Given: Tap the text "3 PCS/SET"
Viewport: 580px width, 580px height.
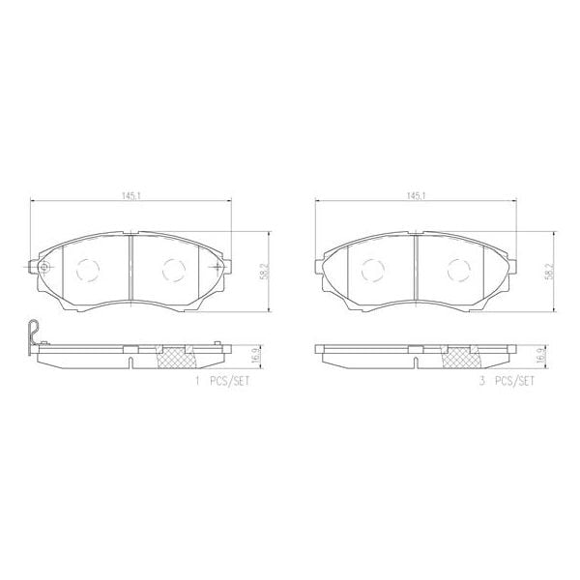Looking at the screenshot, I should pos(507,381).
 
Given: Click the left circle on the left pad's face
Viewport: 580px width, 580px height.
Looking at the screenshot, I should pos(87,272).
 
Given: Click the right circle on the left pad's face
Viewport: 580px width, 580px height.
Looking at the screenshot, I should pos(173,272).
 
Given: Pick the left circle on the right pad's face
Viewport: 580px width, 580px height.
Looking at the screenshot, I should pos(371,272).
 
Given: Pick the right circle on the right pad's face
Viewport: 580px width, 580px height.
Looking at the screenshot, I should pos(457,272).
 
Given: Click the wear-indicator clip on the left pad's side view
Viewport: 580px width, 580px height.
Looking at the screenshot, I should pos(33,334).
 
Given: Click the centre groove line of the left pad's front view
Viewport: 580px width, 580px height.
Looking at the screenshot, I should pos(130,273).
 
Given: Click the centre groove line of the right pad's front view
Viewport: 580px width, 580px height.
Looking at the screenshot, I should pos(415,273).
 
